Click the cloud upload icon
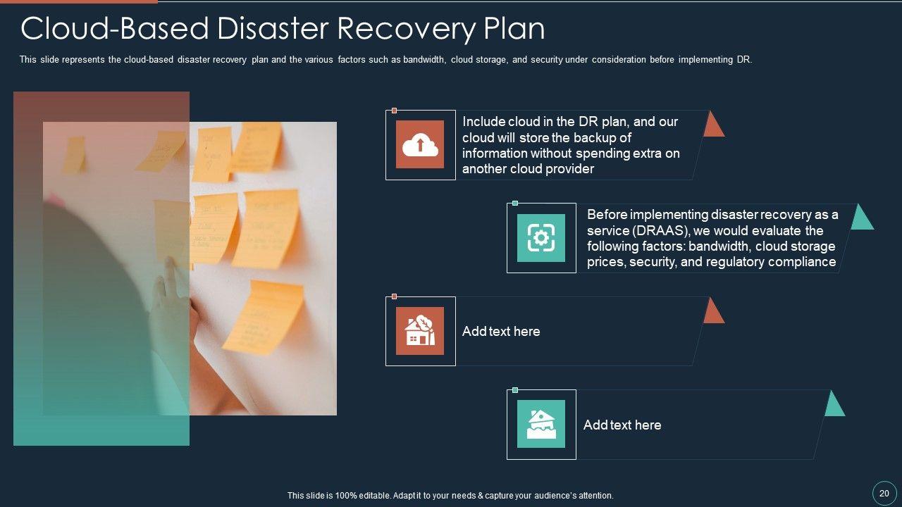coord(420,144)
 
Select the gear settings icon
coord(541,238)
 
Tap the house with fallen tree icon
coord(420,331)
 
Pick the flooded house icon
coord(541,424)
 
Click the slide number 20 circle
coord(884,493)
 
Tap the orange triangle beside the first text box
coord(713,125)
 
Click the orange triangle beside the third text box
coord(713,312)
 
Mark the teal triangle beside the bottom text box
coord(834,405)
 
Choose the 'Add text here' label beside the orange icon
coord(501,331)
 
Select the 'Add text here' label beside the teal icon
coord(622,425)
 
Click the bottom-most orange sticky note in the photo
coord(262,317)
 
